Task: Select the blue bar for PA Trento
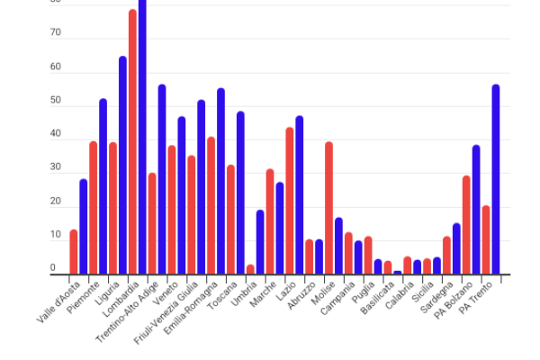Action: coord(496,179)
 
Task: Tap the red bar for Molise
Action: coord(328,208)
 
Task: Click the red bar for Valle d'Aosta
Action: coord(74,251)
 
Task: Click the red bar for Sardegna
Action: coord(446,255)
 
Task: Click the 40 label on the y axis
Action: coord(56,134)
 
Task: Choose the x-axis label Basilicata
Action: coord(377,297)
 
